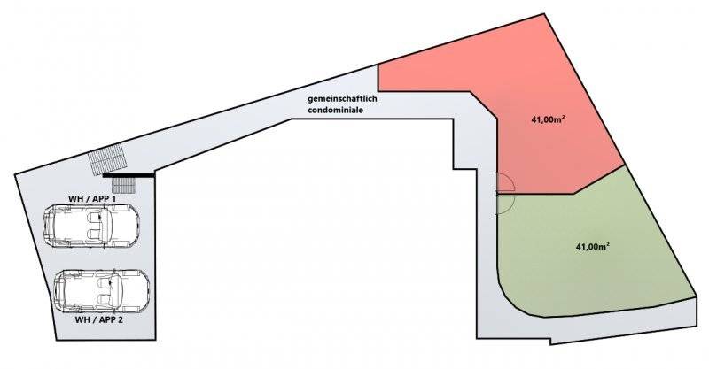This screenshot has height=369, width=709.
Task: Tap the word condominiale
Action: [336, 110]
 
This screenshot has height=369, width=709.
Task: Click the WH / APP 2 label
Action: [99, 319]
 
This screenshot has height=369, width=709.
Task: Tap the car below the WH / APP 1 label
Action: [91, 226]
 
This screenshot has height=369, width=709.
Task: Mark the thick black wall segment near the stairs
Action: [129, 175]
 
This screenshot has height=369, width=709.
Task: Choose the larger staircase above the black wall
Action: [107, 159]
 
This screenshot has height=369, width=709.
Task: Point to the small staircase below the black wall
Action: [123, 184]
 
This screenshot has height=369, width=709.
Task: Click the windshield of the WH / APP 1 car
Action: [108, 226]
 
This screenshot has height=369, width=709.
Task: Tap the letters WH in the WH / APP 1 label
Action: [74, 199]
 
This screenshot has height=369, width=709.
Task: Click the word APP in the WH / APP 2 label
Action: [105, 319]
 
